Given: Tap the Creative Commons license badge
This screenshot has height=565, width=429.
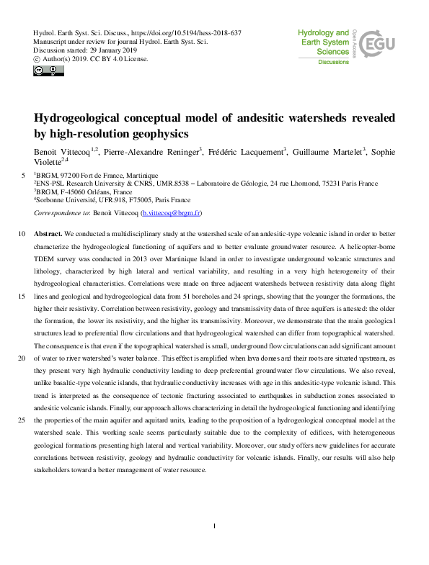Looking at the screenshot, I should pyautogui.click(x=48, y=71).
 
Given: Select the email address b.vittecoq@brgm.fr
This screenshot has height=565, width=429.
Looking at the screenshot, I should pyautogui.click(x=172, y=214).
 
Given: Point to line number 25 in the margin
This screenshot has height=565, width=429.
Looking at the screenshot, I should pyautogui.click(x=21, y=419).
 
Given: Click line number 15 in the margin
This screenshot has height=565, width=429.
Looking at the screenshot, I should pyautogui.click(x=21, y=296).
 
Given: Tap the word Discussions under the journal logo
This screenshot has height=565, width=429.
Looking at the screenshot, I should pyautogui.click(x=333, y=63).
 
